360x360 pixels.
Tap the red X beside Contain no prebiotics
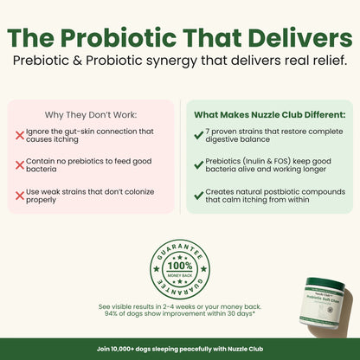pos(20,164)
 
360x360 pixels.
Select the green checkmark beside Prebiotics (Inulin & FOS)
pos(198,164)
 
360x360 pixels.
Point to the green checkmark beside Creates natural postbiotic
pos(198,193)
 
